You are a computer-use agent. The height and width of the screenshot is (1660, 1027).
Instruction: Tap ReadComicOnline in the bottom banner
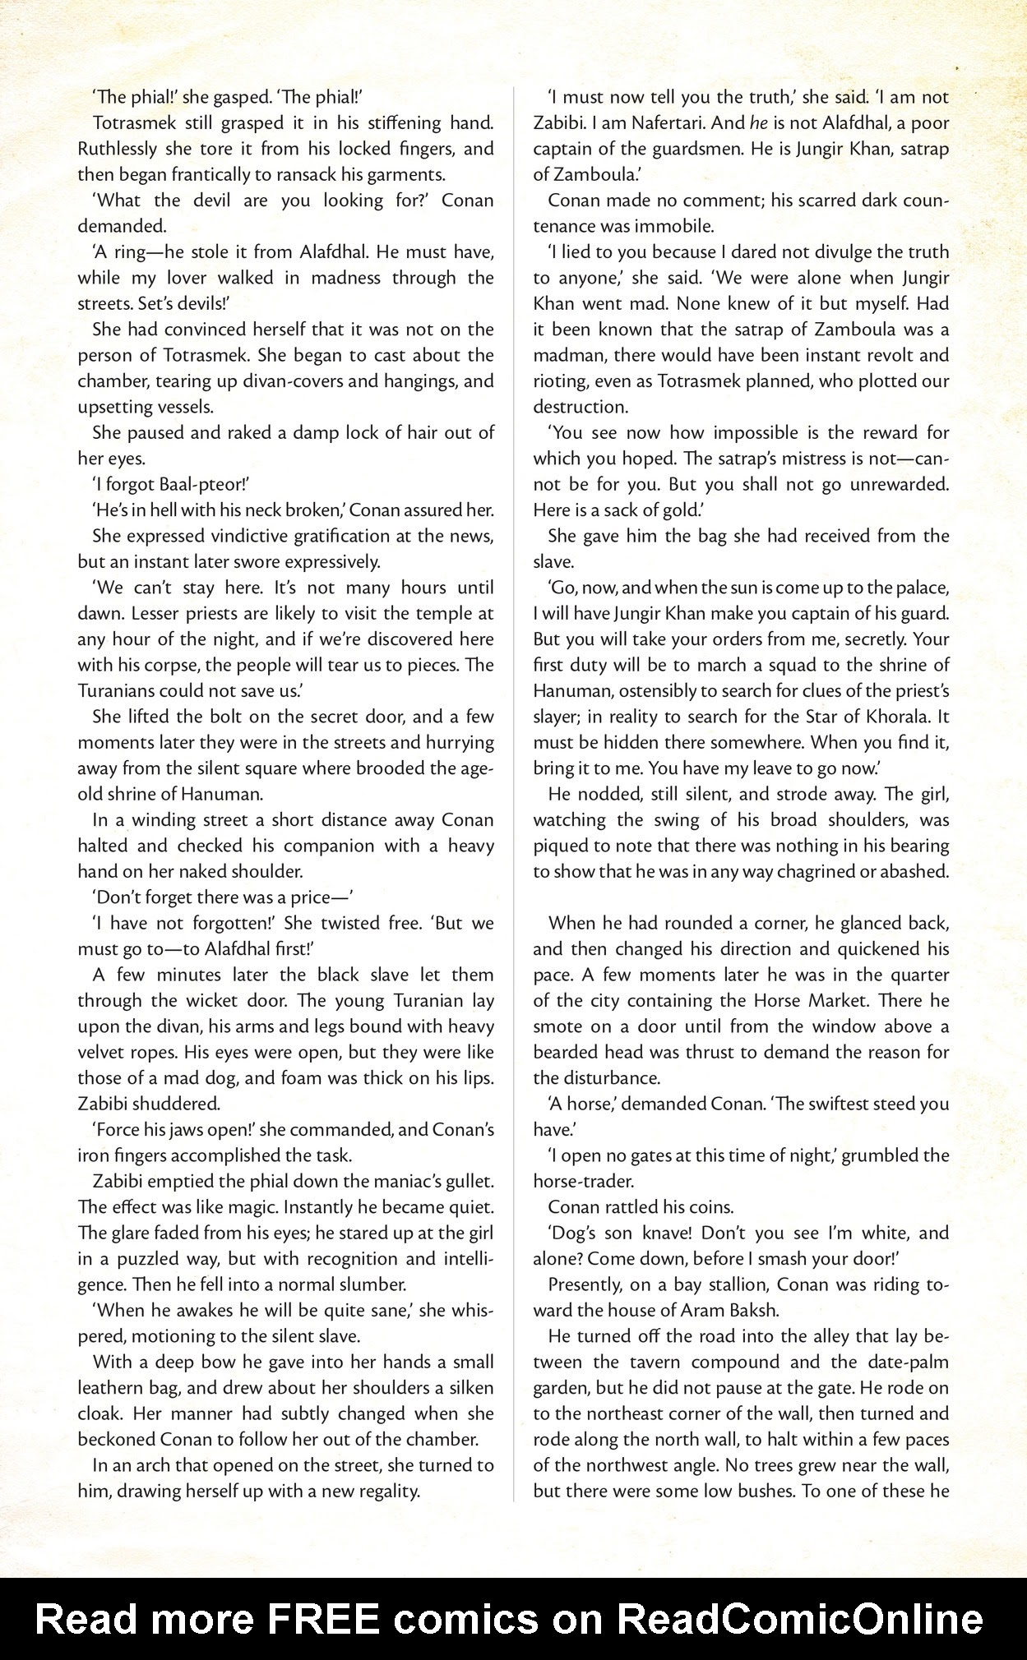(x=799, y=1618)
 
